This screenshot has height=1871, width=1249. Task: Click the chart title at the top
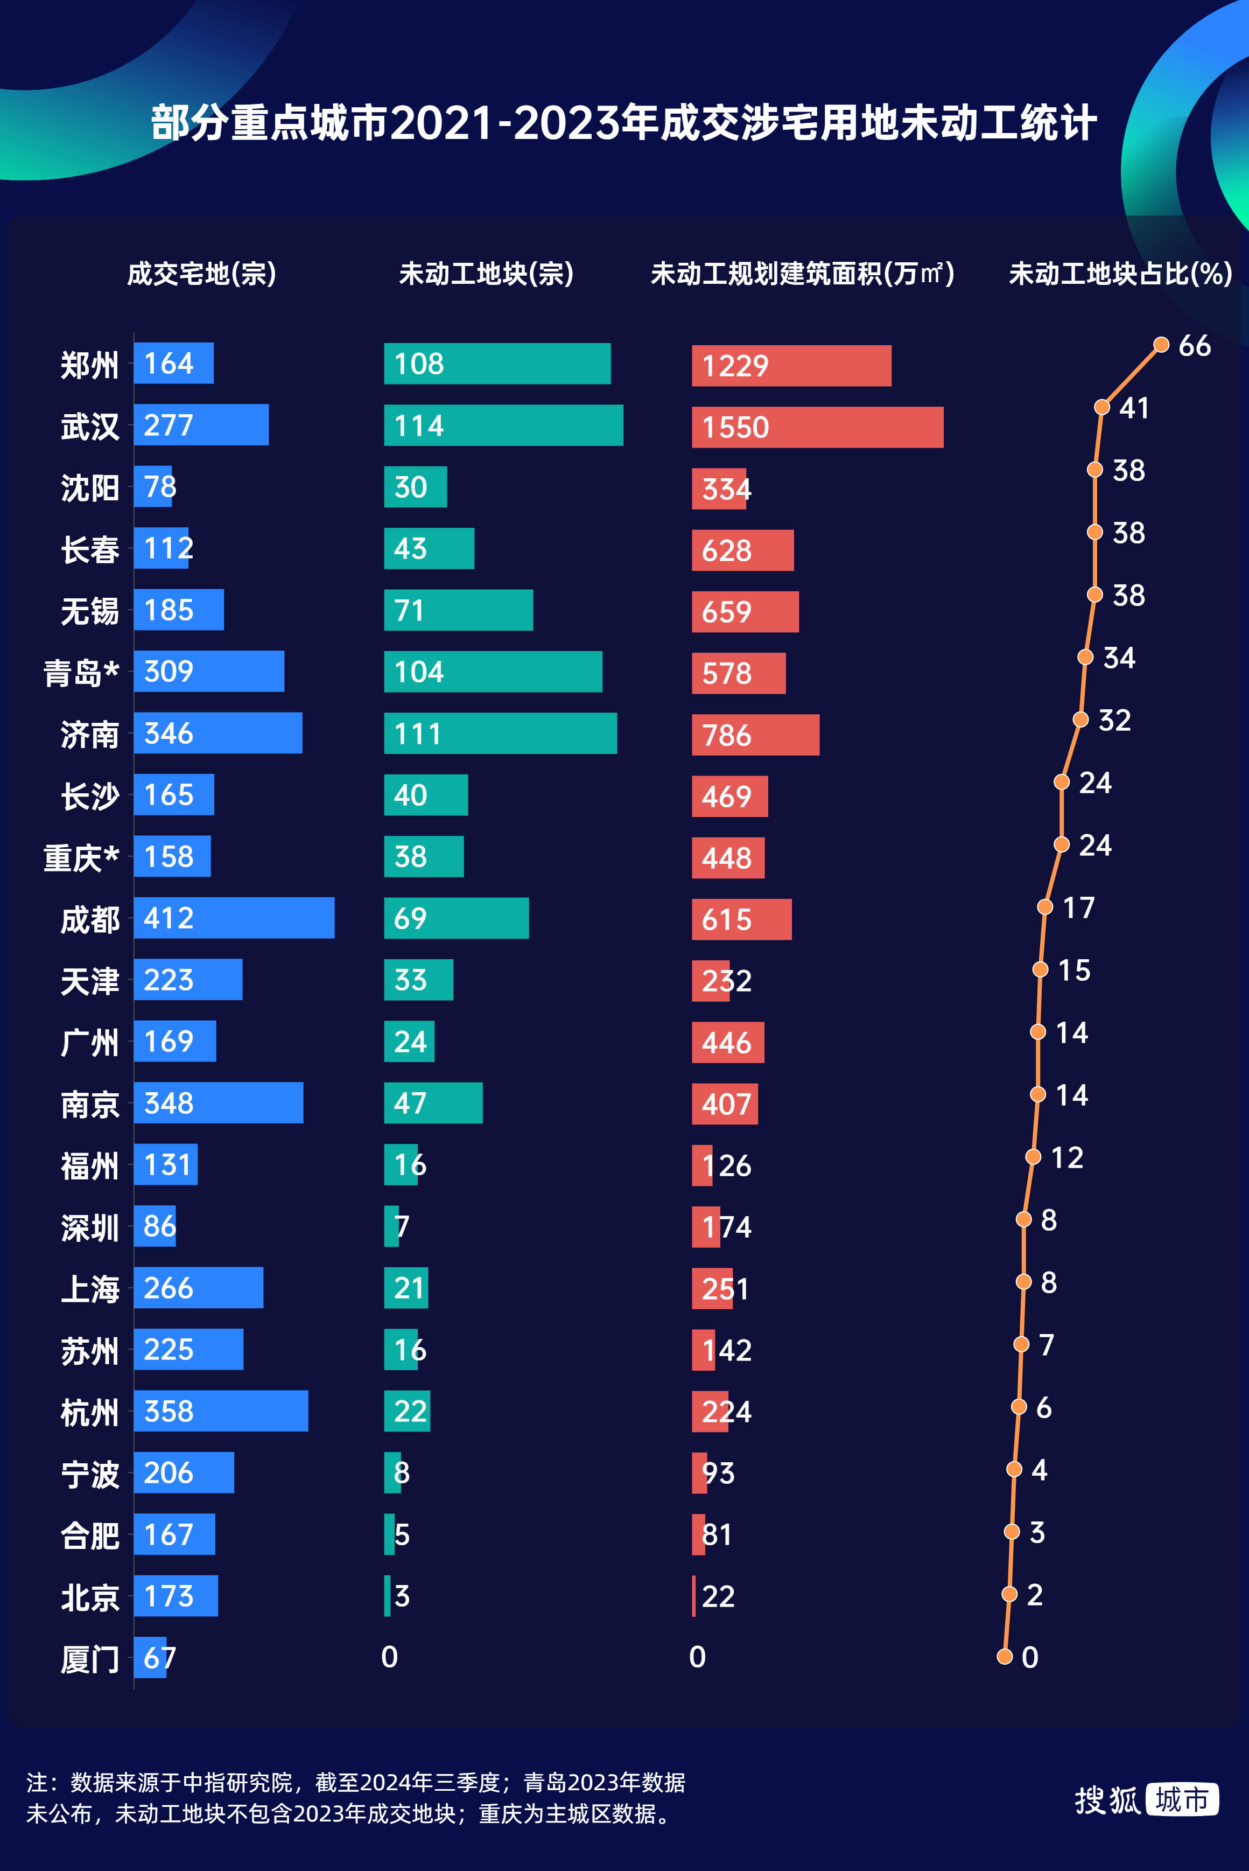(x=624, y=123)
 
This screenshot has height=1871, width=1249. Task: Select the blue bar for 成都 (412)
(x=234, y=918)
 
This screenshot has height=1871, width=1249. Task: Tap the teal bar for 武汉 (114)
(x=503, y=425)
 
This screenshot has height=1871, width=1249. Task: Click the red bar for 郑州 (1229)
(x=790, y=366)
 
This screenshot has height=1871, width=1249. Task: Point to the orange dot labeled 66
(x=1161, y=344)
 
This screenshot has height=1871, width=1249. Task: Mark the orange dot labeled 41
(x=1101, y=407)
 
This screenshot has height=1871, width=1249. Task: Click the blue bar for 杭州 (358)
(x=221, y=1411)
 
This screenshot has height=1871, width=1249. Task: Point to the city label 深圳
(x=89, y=1228)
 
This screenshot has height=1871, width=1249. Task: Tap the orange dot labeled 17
(x=1044, y=907)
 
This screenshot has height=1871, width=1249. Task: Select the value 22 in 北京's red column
(x=718, y=1596)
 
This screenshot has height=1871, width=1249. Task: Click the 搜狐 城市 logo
(x=1146, y=1800)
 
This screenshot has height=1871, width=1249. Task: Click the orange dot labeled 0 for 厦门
(x=1005, y=1657)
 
